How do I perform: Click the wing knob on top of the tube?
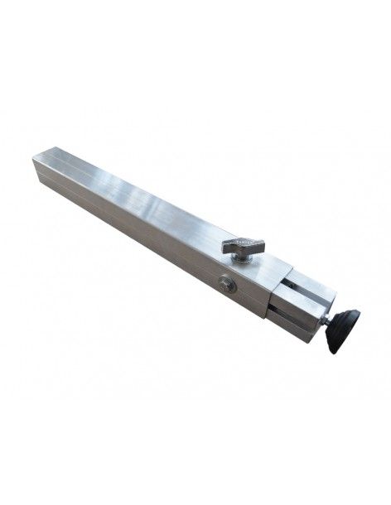[242, 246]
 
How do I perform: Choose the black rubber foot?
[343, 329]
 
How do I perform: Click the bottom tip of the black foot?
[335, 350]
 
